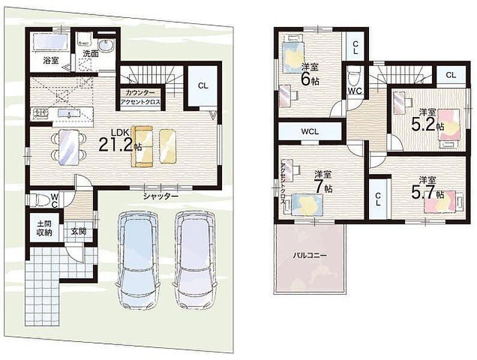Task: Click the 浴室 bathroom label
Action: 51,61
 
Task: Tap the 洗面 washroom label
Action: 91,54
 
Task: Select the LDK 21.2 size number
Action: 116,144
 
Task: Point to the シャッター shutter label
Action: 161,197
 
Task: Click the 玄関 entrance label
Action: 79,231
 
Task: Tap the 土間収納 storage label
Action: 44,228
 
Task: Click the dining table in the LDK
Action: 69,146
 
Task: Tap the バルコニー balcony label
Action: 310,256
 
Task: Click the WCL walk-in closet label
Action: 310,132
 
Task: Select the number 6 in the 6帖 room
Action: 306,79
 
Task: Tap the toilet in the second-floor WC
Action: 354,76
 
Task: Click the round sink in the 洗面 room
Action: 106,46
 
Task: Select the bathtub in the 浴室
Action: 50,41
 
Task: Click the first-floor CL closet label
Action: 203,86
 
